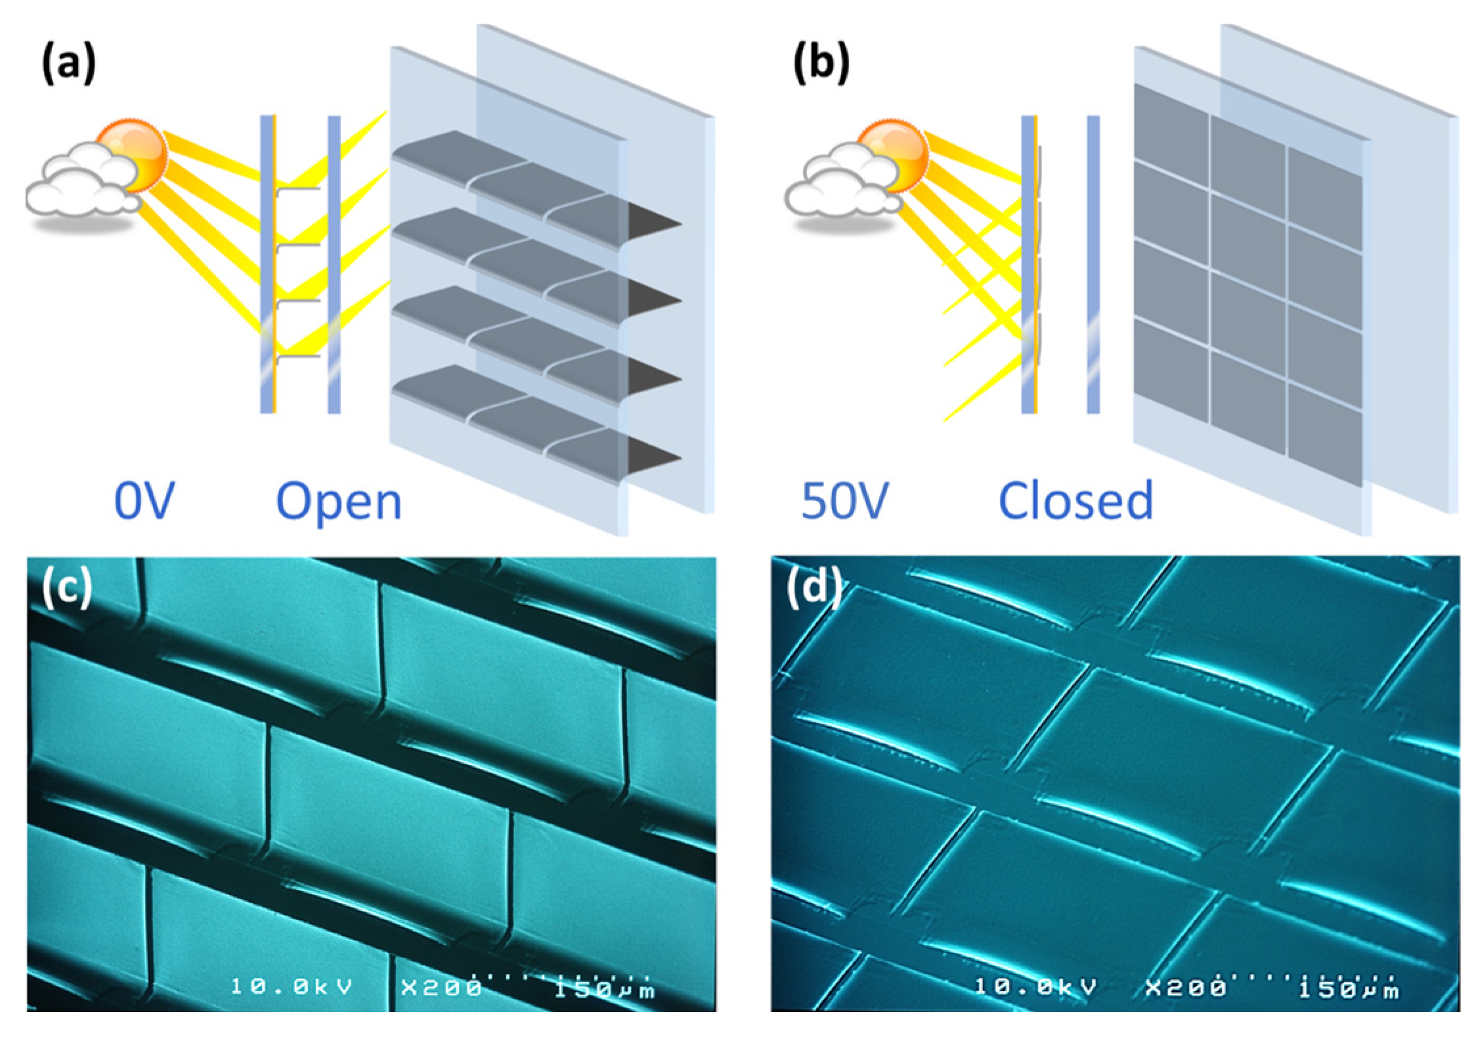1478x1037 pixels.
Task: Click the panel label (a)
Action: point(68,64)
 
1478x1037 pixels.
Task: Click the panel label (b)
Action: point(821,64)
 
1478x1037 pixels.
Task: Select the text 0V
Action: point(144,500)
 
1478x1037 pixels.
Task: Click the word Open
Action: point(338,502)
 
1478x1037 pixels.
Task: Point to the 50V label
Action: point(845,500)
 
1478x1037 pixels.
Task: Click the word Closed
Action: point(1076,500)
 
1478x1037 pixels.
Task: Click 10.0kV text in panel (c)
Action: point(292,986)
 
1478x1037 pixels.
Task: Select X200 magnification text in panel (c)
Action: point(441,987)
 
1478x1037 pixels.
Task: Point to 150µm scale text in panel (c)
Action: point(604,987)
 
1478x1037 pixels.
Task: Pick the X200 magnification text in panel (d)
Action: point(1185,987)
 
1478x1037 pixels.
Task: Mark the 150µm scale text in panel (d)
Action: point(1349,987)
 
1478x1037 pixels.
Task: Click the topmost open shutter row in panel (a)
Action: point(525,181)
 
